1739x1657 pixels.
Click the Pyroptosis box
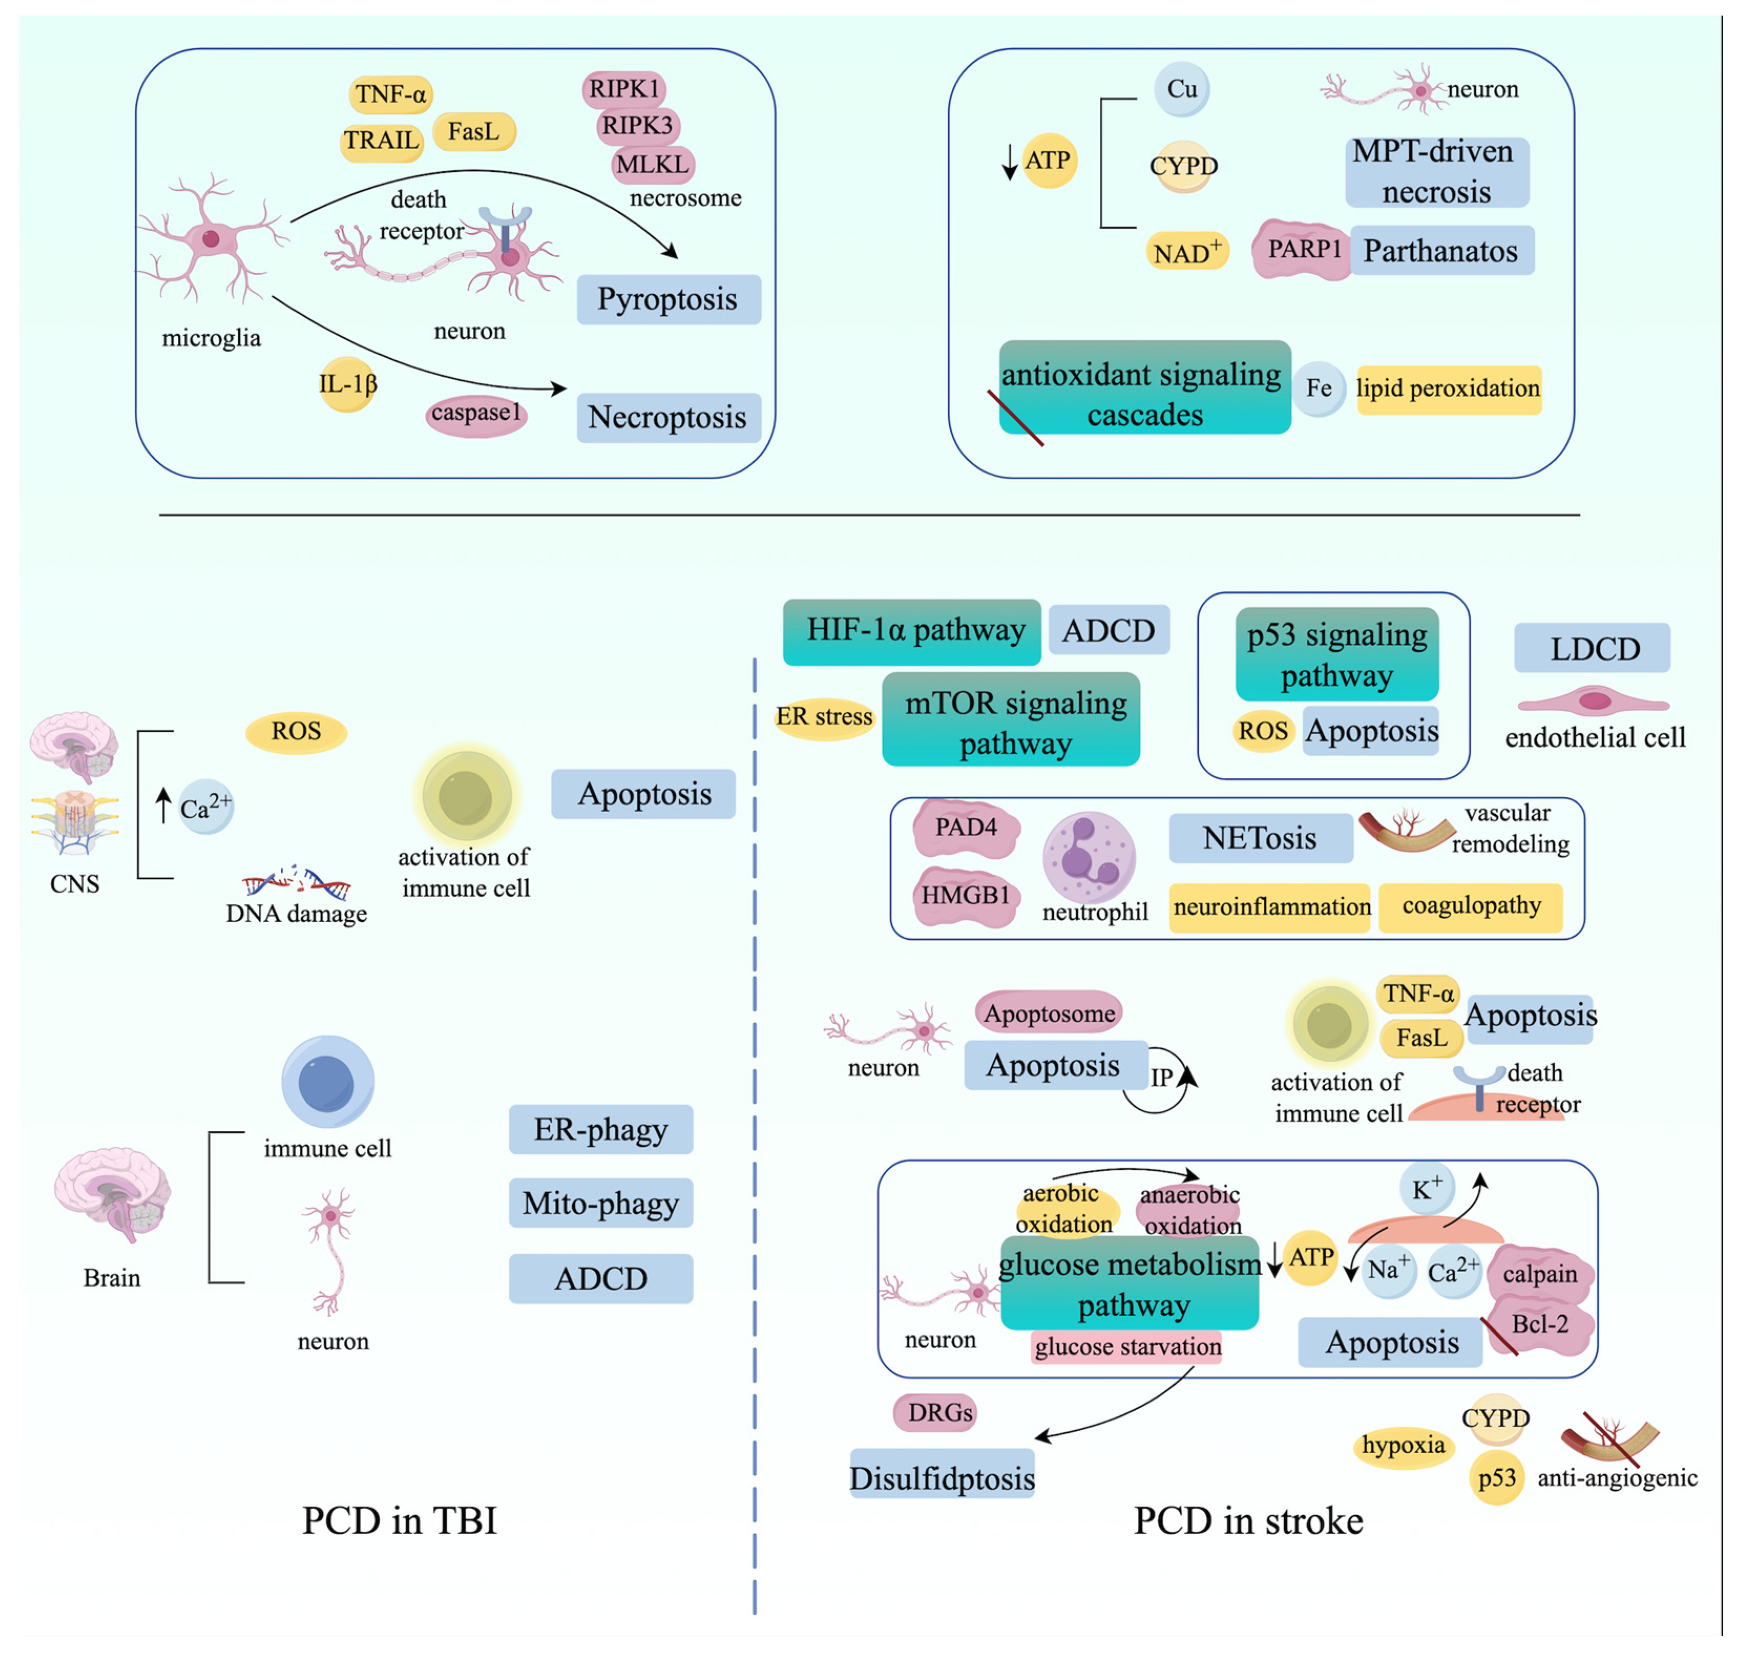668,299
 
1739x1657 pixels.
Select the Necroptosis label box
668,418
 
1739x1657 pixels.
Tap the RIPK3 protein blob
637,126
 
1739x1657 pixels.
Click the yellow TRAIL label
382,140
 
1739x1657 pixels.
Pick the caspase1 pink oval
476,413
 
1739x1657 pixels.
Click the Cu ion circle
1182,89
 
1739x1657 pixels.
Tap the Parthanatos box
1440,251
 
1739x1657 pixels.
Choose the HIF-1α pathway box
912,631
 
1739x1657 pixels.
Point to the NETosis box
1260,837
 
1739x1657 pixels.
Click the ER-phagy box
601,1130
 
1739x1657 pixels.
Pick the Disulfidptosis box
941,1478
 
